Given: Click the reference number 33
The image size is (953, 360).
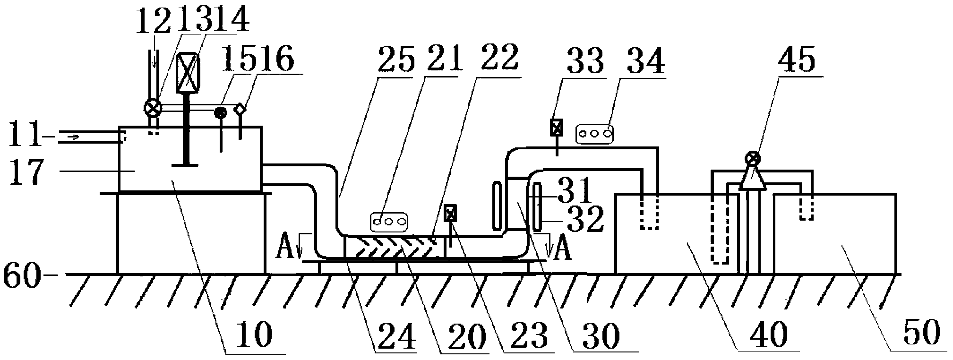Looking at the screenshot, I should [587, 60].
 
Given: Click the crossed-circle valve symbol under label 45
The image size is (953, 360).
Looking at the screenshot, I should [754, 158].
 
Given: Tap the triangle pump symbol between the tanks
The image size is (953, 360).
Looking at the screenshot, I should [752, 178].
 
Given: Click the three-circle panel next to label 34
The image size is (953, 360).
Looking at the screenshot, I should [595, 134].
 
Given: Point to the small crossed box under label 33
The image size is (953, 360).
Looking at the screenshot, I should [557, 127].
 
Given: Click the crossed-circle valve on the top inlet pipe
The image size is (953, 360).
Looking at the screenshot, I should [152, 109].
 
